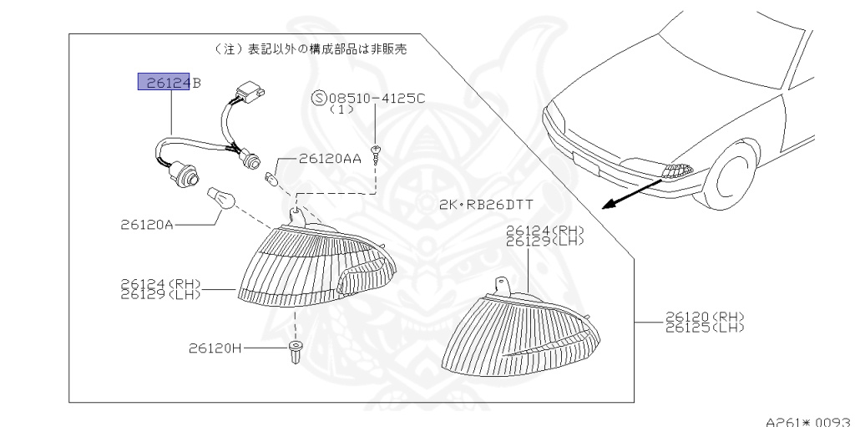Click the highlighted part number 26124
(x=164, y=82)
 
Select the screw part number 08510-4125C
(x=377, y=97)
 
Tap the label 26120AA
(x=330, y=158)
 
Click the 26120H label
(x=215, y=347)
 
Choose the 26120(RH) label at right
(x=704, y=316)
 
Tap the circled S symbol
(x=318, y=97)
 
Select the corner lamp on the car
(x=676, y=171)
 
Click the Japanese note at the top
(x=311, y=49)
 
